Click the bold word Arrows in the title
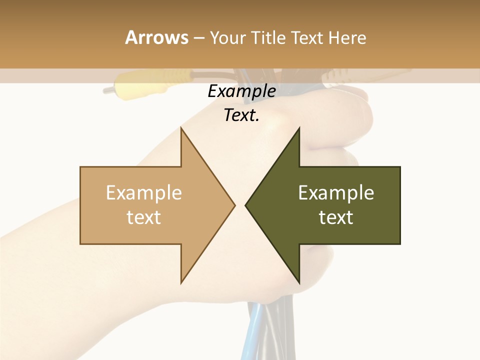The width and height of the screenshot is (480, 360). click(x=157, y=37)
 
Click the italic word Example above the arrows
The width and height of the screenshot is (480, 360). click(x=241, y=91)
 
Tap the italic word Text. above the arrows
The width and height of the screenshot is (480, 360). click(x=241, y=115)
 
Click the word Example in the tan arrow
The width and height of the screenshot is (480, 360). click(x=143, y=193)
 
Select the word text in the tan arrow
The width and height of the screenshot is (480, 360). click(x=143, y=217)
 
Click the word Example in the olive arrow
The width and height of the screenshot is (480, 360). click(x=336, y=193)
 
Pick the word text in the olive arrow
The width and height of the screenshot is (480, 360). click(x=336, y=217)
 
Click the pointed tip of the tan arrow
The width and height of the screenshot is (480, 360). click(x=234, y=205)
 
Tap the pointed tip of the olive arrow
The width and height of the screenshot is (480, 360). click(x=246, y=205)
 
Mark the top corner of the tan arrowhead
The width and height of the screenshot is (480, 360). click(x=181, y=128)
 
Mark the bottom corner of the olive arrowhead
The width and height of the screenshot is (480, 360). click(x=299, y=282)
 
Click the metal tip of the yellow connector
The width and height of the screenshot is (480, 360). click(x=107, y=90)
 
